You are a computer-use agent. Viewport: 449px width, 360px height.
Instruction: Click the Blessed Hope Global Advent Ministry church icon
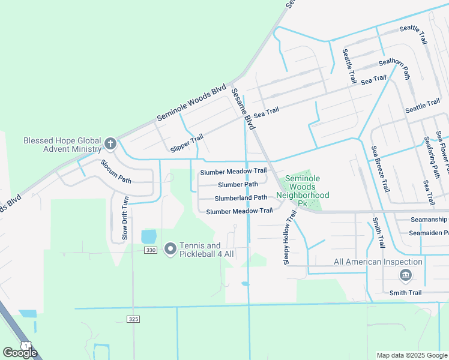pyautogui.click(x=110, y=143)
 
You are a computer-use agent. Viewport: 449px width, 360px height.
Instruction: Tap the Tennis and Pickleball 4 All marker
pyautogui.click(x=170, y=248)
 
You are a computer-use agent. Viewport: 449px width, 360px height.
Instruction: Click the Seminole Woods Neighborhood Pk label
pyautogui.click(x=303, y=191)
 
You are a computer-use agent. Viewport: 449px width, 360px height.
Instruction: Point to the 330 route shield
pyautogui.click(x=150, y=250)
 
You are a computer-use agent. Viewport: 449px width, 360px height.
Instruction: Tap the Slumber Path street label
pyautogui.click(x=238, y=185)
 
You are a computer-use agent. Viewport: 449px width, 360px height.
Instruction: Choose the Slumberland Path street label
pyautogui.click(x=241, y=197)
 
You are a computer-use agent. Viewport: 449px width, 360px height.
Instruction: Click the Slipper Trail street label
pyautogui.click(x=187, y=143)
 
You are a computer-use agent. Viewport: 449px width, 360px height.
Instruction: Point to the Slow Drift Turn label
pyautogui.click(x=125, y=218)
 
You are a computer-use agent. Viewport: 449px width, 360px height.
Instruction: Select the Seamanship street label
pyautogui.click(x=429, y=220)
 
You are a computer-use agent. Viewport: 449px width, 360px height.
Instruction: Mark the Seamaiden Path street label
pyautogui.click(x=429, y=233)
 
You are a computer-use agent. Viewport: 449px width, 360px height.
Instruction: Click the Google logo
pyautogui.click(x=20, y=352)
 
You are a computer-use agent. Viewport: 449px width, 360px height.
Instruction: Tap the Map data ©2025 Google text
pyautogui.click(x=411, y=355)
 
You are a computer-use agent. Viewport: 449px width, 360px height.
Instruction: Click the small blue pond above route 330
pyautogui.click(x=148, y=236)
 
